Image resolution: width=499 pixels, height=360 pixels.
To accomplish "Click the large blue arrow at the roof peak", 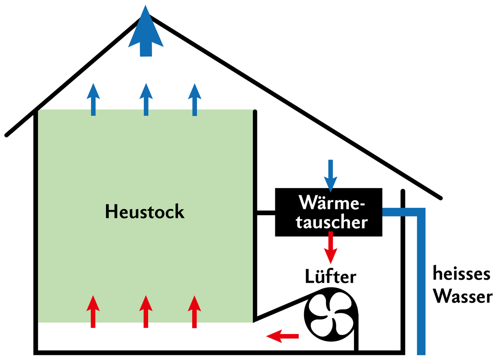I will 146,33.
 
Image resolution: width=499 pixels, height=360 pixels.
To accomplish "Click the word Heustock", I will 145,211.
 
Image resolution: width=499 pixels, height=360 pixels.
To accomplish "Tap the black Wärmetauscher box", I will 329,212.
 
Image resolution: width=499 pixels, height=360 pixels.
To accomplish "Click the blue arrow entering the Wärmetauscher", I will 331,176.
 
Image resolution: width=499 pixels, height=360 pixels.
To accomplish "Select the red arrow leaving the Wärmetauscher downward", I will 331,248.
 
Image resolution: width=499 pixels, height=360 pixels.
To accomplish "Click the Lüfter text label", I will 330,276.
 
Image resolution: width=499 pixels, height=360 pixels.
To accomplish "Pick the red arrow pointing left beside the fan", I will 282,336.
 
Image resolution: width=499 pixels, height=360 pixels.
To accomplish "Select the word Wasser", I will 464,296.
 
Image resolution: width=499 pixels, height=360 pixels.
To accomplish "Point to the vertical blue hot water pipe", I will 421,285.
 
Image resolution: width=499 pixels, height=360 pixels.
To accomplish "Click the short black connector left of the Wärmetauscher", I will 266,213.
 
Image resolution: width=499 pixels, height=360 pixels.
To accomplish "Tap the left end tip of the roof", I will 7,135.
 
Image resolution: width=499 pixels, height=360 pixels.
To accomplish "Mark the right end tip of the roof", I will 441,198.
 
